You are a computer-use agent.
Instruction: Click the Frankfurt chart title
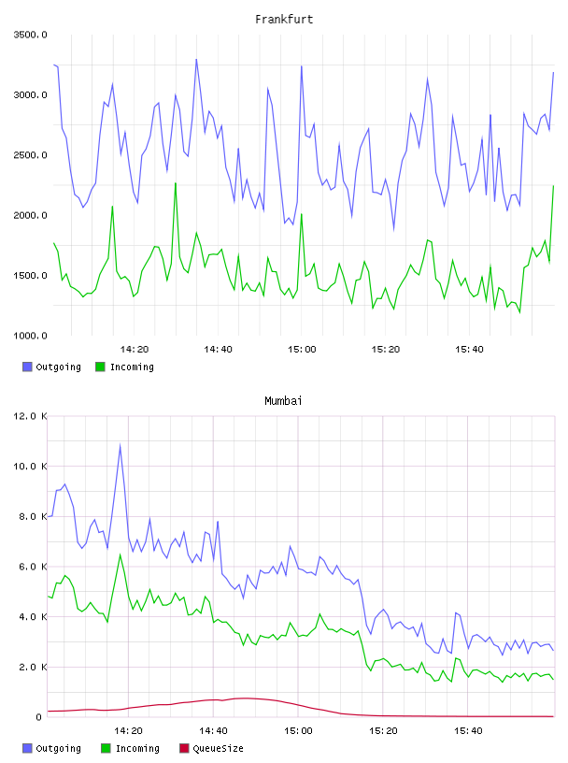[284, 20]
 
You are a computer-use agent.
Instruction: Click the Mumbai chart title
[283, 401]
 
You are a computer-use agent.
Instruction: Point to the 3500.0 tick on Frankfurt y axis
[30, 35]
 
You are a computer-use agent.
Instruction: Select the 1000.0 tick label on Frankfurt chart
[30, 336]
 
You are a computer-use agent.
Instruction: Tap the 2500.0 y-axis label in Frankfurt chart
[30, 155]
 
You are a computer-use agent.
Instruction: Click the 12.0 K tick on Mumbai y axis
[30, 416]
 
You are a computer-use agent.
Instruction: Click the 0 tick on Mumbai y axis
[39, 717]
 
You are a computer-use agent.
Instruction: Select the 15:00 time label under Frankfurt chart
[302, 350]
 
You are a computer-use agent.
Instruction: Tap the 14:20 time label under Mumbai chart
[128, 731]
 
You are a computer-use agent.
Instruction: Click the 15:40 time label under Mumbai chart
[468, 731]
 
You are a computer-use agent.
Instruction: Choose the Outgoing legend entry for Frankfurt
[51, 367]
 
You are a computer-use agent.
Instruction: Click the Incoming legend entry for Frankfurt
[124, 367]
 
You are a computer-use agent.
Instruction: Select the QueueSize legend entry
[211, 748]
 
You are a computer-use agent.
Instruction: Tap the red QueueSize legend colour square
[184, 748]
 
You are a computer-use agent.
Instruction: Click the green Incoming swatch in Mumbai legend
[106, 748]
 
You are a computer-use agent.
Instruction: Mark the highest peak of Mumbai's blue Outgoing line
[121, 444]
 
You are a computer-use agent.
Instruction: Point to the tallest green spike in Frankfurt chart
[176, 183]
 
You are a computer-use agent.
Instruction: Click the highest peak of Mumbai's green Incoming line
[121, 554]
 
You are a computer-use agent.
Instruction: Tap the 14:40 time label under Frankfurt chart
[218, 350]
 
